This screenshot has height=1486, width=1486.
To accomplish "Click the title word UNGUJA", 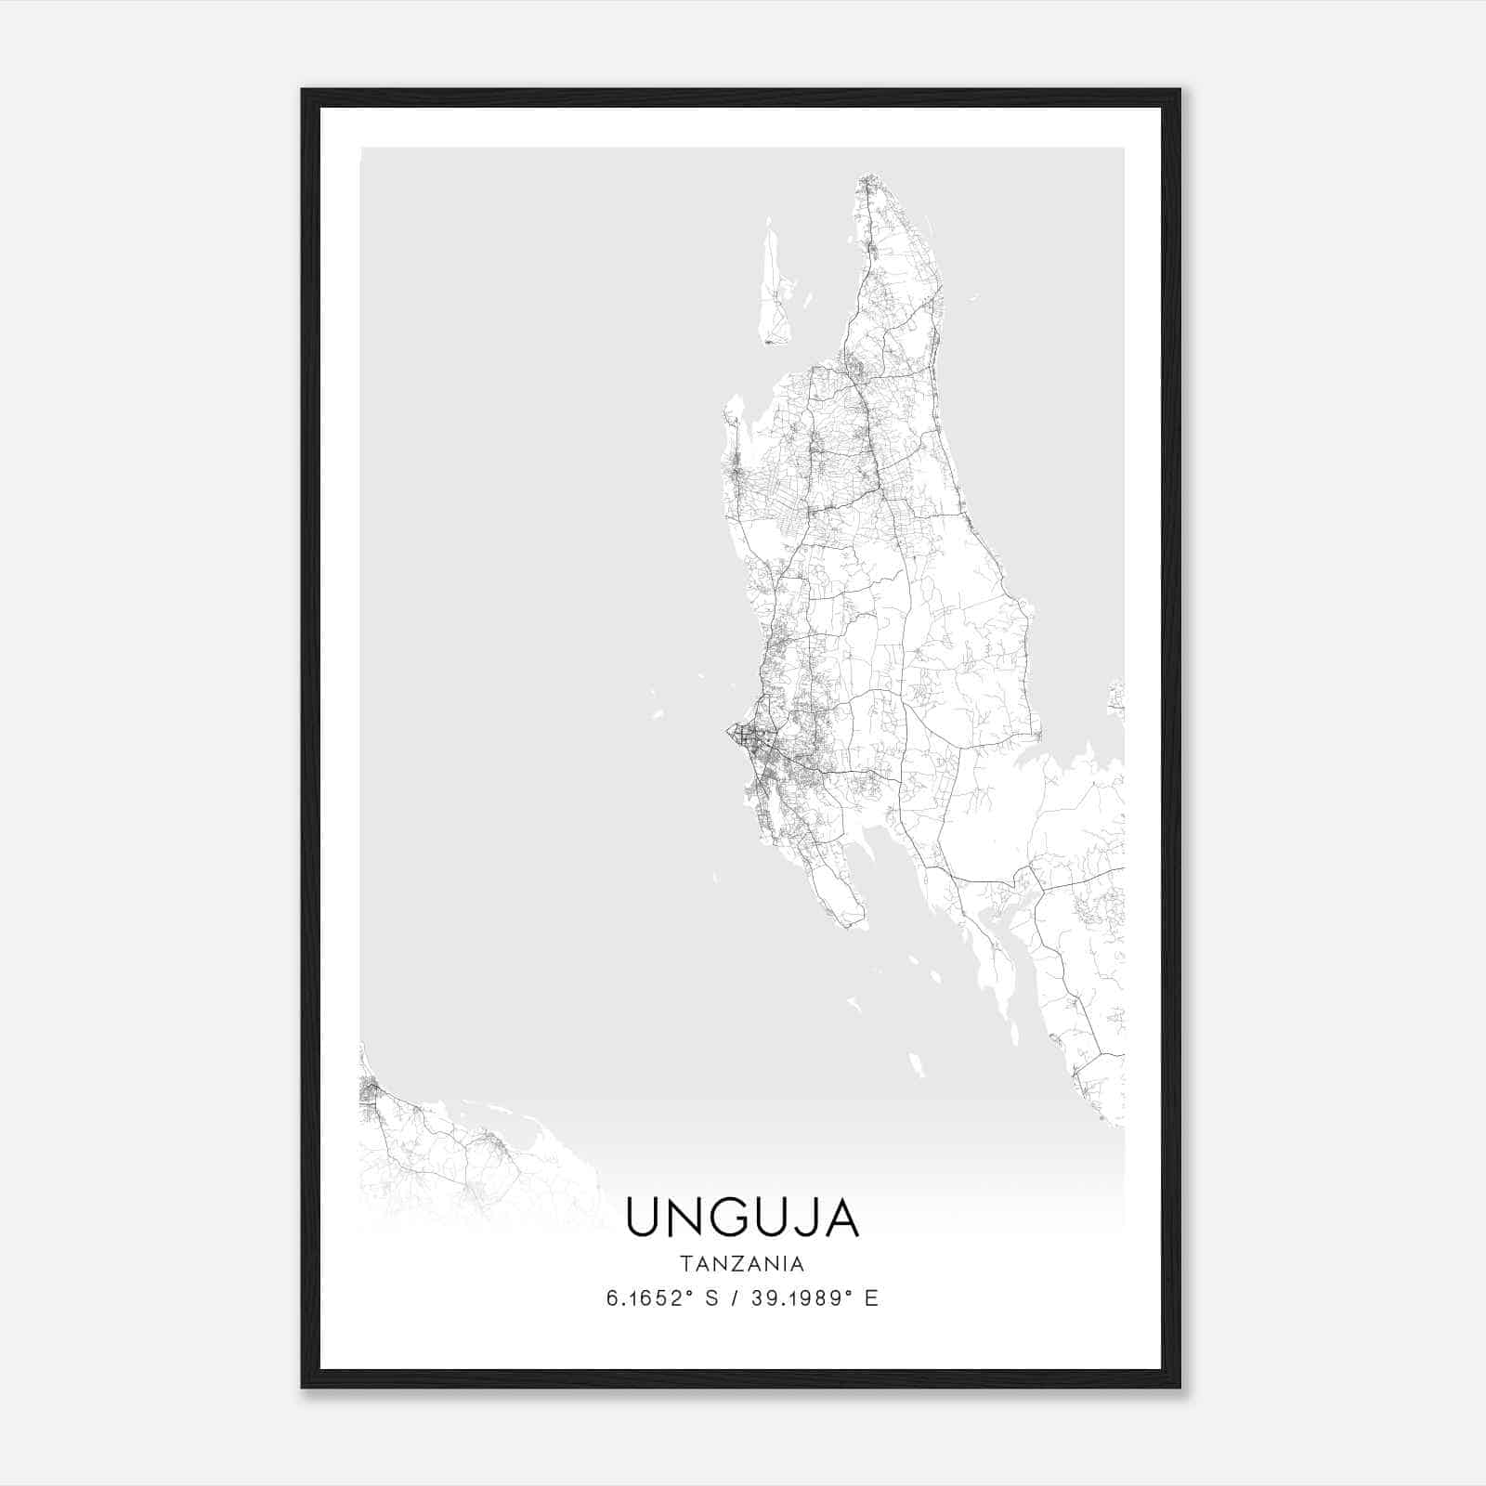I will coord(742,1218).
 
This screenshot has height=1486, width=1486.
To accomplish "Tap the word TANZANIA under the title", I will coord(742,1264).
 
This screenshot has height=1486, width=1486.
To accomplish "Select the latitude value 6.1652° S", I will coord(662,1298).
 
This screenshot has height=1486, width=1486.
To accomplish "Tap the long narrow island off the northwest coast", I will coord(772,288).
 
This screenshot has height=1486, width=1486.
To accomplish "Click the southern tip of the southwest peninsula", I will coord(850,923).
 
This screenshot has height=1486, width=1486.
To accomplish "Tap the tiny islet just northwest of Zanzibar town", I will coord(658,714).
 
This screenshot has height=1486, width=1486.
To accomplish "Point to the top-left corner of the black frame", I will coord(304,91).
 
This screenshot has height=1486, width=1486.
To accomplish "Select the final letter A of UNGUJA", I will coord(842,1218).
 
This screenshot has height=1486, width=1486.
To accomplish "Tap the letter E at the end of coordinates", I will coord(871,1298).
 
